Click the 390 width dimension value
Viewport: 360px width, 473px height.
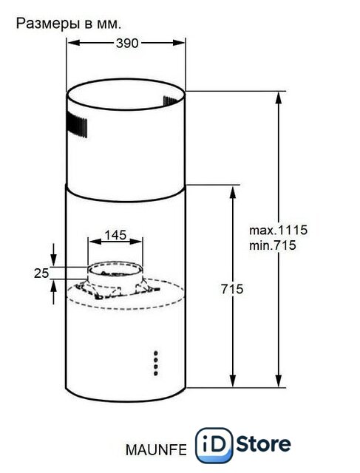coord(127,44)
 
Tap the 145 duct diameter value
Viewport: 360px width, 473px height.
coord(115,235)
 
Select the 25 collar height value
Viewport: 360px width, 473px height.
coord(41,273)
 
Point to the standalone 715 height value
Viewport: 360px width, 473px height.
coord(232,289)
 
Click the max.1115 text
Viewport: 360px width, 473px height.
coord(278,230)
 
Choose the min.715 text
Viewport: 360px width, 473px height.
coord(273,245)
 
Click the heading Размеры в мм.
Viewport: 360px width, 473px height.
coord(69,24)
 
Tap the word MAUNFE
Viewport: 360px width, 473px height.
coord(156,450)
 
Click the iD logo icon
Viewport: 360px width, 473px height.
coord(214,445)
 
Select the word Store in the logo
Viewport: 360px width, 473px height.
coord(263,444)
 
